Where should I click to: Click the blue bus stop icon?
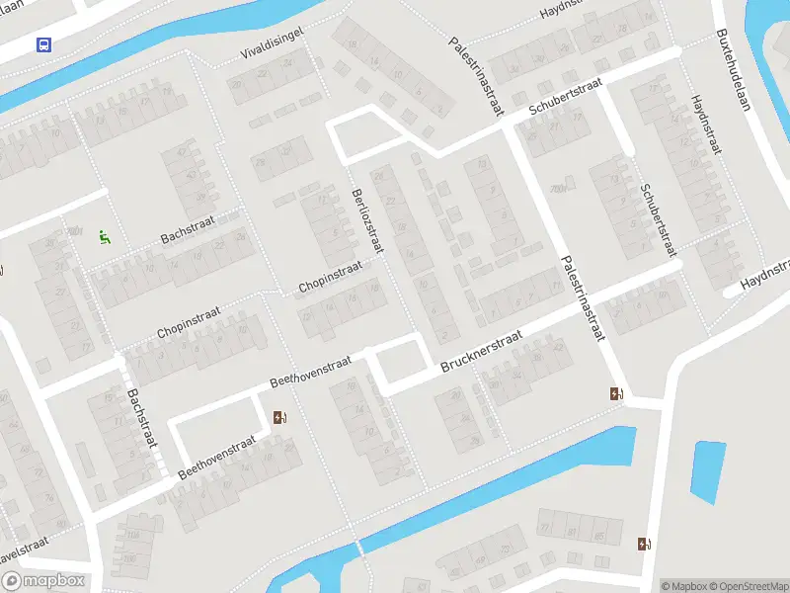tap(43, 44)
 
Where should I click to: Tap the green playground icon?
tap(105, 236)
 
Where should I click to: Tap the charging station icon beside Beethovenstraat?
tap(278, 417)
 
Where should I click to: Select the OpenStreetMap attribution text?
tap(748, 586)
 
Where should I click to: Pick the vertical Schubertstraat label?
tap(659, 219)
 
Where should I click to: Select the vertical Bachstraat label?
tap(142, 417)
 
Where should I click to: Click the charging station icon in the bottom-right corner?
tap(644, 544)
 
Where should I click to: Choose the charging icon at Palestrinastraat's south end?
tap(617, 393)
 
